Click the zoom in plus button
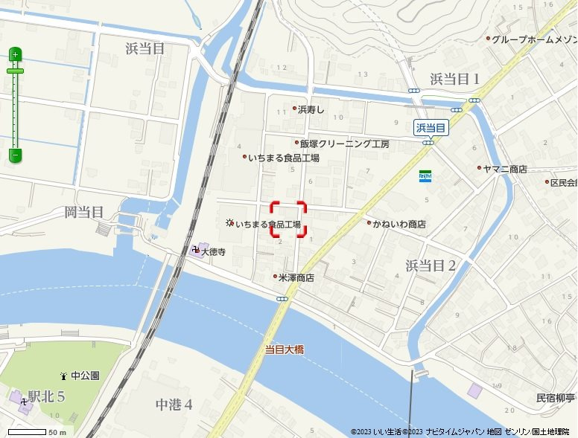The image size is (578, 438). point(15,54)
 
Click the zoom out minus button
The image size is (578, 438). point(15,155)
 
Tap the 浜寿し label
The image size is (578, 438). point(311,109)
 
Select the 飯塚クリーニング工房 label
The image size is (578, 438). point(344,144)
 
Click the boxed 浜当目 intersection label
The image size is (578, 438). point(431,128)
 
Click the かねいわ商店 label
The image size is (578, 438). point(399,223)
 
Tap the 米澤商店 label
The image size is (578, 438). point(296,277)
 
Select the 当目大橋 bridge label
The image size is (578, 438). point(285,348)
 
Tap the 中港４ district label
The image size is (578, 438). point(174,405)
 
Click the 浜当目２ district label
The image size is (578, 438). point(431,265)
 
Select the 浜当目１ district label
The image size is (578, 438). point(454,79)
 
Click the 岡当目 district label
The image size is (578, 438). point(83,213)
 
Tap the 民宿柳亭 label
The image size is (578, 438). point(556,398)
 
